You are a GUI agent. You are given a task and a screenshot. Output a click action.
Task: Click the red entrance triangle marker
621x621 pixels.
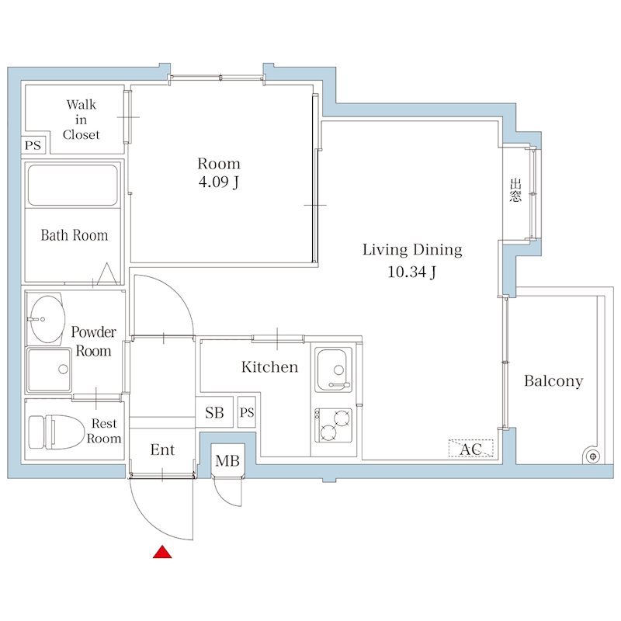pyautogui.click(x=162, y=552)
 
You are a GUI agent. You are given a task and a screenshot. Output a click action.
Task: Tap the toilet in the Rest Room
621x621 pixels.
pyautogui.click(x=57, y=432)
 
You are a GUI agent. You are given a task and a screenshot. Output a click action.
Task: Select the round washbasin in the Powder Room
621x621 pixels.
pyautogui.click(x=48, y=319)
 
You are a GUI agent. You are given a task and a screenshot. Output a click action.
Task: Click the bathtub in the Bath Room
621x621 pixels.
pyautogui.click(x=73, y=186)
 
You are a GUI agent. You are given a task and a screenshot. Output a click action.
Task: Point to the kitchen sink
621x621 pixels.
pyautogui.click(x=334, y=370)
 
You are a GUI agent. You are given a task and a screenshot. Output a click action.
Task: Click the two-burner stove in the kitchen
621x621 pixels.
pyautogui.click(x=334, y=425)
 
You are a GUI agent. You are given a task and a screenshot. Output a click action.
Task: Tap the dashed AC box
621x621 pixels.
pyautogui.click(x=471, y=449)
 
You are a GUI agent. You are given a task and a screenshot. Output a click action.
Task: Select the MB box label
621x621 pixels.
pyautogui.click(x=227, y=460)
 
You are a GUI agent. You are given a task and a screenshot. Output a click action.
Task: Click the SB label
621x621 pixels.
pyautogui.click(x=214, y=413)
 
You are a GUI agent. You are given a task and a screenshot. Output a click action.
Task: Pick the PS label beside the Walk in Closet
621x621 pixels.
pyautogui.click(x=33, y=145)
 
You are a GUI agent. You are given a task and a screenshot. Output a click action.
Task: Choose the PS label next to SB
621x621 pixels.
pyautogui.click(x=247, y=413)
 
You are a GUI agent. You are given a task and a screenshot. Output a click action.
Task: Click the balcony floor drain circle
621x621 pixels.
pyautogui.click(x=593, y=456)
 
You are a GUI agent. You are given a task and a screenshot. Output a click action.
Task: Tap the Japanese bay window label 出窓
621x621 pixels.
pyautogui.click(x=515, y=190)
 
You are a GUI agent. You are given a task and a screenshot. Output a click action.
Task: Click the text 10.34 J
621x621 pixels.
pyautogui.click(x=412, y=272)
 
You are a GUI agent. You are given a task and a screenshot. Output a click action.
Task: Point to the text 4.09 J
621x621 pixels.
pyautogui.click(x=219, y=182)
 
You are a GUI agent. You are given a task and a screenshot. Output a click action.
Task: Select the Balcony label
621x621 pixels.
pyautogui.click(x=553, y=381)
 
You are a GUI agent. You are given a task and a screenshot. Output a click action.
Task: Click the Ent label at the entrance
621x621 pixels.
pyautogui.click(x=162, y=449)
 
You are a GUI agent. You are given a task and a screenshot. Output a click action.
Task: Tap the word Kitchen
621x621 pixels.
pyautogui.click(x=269, y=366)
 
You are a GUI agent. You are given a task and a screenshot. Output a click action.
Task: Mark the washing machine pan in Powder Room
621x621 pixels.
pyautogui.click(x=49, y=370)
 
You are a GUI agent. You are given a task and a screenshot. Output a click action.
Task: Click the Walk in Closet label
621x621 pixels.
pyautogui.click(x=82, y=120)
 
